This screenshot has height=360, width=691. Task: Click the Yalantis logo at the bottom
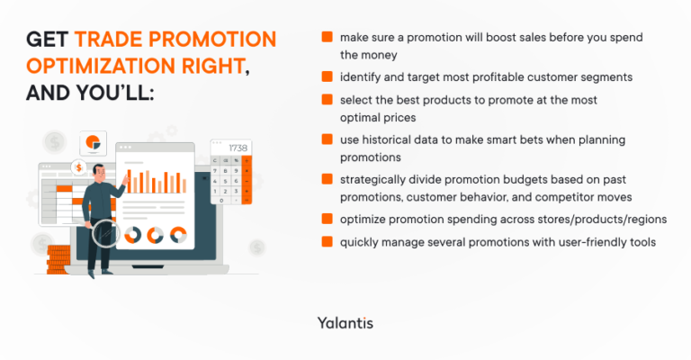point(345,322)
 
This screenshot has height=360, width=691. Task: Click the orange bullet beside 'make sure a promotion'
point(327,38)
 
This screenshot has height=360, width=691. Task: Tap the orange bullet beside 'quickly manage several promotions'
point(327,241)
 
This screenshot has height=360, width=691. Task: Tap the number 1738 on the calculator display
point(238,148)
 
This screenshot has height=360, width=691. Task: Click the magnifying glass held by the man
point(106,234)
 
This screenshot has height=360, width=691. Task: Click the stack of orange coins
point(59,261)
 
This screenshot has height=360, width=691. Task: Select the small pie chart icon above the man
point(93,142)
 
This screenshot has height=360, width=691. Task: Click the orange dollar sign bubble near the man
point(80,167)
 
